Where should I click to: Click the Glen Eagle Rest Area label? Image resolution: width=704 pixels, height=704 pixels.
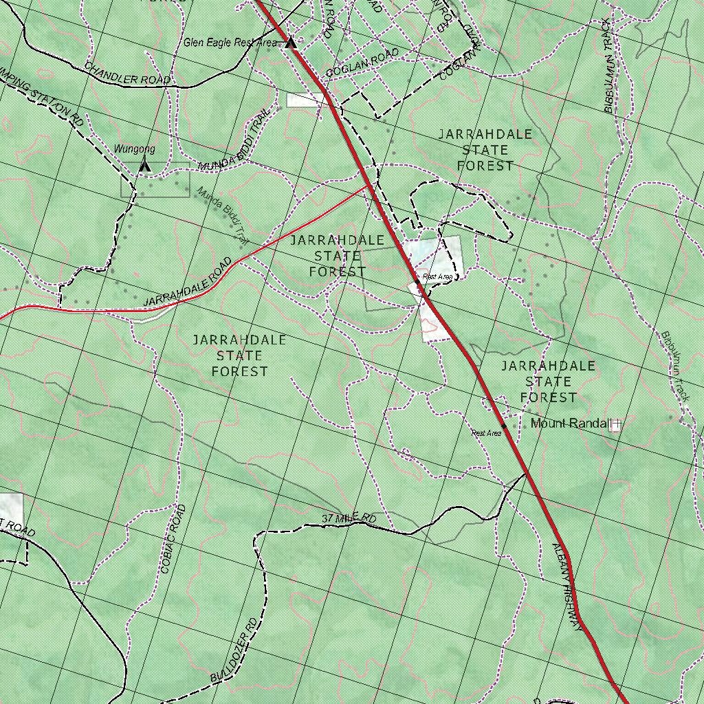tap(230, 43)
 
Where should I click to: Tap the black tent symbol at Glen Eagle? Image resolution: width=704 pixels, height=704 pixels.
tap(291, 43)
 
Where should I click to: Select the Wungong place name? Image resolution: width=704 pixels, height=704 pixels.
tap(134, 149)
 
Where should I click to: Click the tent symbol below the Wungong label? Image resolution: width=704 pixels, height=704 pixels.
tap(144, 165)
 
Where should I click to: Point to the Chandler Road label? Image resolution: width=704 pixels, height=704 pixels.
tap(127, 74)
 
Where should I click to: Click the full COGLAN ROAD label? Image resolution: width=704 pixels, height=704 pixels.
tap(362, 63)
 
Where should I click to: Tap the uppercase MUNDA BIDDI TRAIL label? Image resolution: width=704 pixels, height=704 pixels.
tap(231, 141)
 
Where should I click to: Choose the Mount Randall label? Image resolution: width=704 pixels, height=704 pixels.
tap(570, 423)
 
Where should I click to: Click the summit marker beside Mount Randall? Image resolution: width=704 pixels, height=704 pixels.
tap(615, 425)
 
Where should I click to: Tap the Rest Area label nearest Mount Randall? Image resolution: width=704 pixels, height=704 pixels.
tap(486, 433)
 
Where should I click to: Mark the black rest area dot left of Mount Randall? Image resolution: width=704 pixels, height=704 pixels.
tap(504, 426)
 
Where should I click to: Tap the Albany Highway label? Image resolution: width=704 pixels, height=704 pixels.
tap(567, 588)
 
